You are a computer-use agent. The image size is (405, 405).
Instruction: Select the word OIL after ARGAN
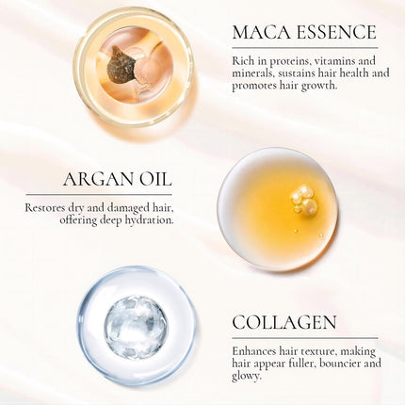coord(154,180)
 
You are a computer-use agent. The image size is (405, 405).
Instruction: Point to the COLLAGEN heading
coord(283,323)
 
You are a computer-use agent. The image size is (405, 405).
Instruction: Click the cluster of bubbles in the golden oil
coord(303,199)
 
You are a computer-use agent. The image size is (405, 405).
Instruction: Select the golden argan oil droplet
coord(277,208)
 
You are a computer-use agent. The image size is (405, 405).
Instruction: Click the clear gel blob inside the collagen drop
coord(136,327)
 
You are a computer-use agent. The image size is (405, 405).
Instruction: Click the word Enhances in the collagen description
coord(258,350)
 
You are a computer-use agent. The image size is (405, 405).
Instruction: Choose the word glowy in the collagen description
coord(249,375)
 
